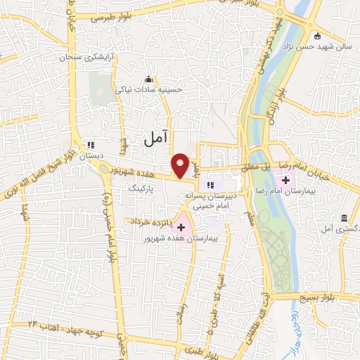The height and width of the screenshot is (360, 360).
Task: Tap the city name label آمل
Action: [156, 139]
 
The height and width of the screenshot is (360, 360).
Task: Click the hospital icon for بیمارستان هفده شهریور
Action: [181, 226]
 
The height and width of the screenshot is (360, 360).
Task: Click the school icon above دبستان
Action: [89, 146]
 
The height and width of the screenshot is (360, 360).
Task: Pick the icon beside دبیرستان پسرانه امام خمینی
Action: [208, 184]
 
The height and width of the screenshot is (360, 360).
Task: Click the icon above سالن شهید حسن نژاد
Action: [317, 36]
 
